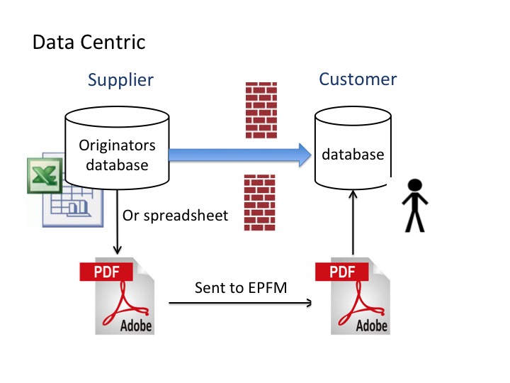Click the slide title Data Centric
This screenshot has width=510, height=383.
[89, 43]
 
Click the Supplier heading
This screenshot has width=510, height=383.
[120, 79]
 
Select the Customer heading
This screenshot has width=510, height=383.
[358, 79]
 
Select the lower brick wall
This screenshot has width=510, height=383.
[259, 202]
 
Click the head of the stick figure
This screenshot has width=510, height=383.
[413, 187]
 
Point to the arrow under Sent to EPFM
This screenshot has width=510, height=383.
[241, 304]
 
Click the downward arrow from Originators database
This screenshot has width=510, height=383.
[117, 227]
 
